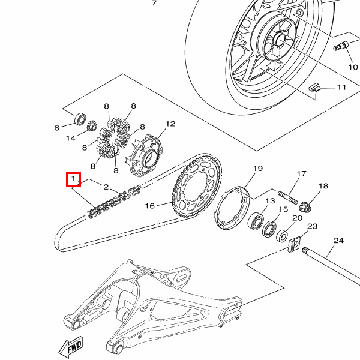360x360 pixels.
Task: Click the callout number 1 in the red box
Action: click(x=73, y=179)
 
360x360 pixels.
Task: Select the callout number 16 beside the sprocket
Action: click(x=150, y=206)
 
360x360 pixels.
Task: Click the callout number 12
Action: click(x=170, y=124)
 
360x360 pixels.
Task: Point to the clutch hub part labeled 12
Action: click(x=147, y=154)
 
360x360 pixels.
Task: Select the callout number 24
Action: click(x=338, y=241)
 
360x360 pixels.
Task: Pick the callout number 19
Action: click(x=258, y=169)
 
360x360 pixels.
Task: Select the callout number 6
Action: click(x=58, y=127)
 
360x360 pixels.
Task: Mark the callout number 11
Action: click(x=341, y=88)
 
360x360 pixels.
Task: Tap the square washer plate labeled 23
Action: click(x=294, y=246)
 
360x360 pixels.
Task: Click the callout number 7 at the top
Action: click(x=154, y=4)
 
